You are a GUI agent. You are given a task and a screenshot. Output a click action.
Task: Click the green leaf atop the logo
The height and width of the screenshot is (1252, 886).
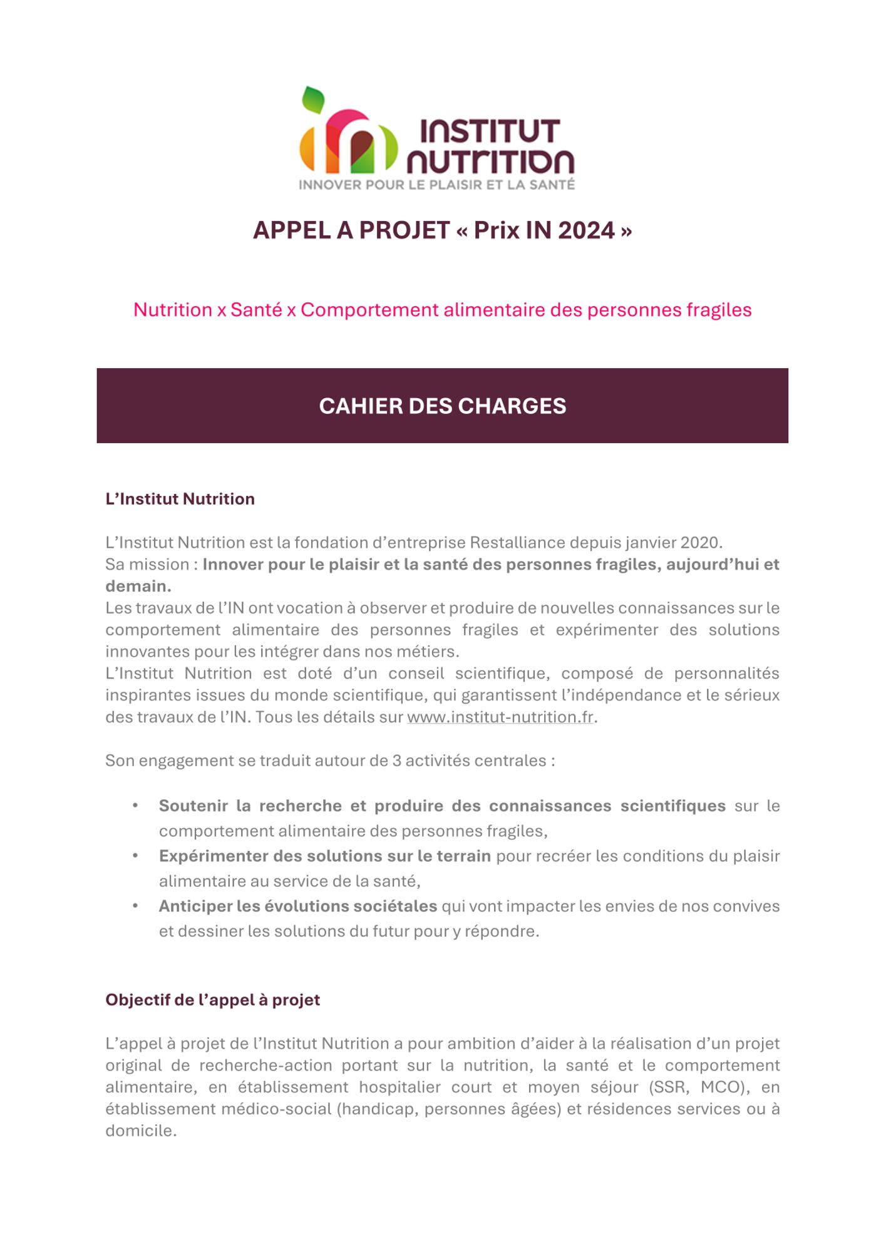(313, 99)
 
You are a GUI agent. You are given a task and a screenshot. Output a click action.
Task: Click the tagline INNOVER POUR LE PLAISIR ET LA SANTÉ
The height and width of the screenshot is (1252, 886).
(436, 185)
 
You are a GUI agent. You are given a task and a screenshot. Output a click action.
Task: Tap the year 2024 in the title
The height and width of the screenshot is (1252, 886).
(586, 230)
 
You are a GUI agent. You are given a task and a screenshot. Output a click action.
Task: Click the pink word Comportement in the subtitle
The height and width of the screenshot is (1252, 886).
(369, 310)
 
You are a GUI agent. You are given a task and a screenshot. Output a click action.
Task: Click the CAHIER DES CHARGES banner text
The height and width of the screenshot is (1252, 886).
(442, 406)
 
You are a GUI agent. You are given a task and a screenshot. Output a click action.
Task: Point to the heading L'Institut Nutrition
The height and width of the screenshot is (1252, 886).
(180, 499)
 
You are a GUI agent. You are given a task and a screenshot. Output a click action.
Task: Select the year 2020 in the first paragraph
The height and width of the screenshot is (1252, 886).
(700, 542)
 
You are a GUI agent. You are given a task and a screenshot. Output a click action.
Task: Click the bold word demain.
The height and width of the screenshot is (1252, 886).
(137, 586)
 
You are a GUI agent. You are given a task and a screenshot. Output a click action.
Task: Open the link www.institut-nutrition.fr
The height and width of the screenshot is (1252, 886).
(500, 717)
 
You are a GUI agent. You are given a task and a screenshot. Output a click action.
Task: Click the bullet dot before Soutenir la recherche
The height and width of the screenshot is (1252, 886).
(135, 806)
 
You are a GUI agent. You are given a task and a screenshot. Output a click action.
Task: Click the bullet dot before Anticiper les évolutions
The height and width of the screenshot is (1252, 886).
(135, 906)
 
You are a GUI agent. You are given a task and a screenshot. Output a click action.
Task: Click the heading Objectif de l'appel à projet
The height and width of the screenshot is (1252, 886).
(212, 1000)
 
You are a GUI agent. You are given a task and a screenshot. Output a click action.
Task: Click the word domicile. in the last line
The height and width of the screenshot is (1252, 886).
(141, 1131)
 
